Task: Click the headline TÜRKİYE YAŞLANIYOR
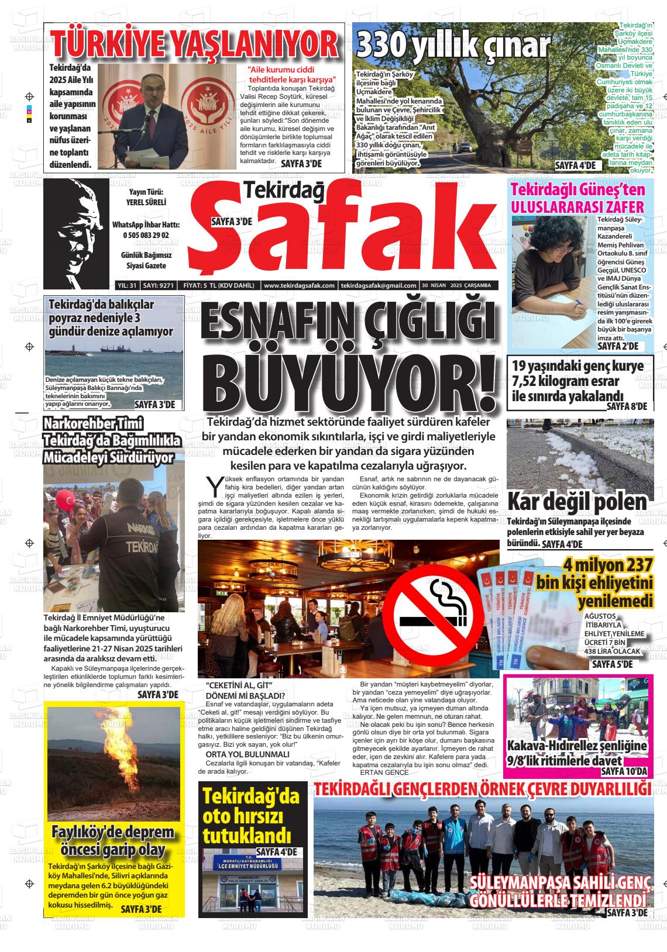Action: point(195,44)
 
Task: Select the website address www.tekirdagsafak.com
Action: point(299,285)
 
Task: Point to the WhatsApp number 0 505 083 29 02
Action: point(146,235)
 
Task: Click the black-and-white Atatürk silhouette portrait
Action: point(77,233)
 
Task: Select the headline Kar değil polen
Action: point(577,501)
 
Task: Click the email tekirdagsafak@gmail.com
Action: point(379,285)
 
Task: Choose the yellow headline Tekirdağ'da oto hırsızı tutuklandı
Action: point(250,816)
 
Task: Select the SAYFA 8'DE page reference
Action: point(627,406)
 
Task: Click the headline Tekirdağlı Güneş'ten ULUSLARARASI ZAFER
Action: point(578,198)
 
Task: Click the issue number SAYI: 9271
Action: point(159,285)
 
